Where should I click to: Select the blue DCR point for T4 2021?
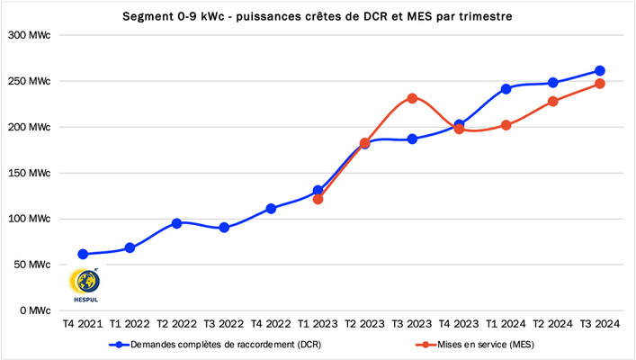coord(83,254)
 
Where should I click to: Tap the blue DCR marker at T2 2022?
coord(176,223)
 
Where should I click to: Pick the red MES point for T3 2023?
coord(412,98)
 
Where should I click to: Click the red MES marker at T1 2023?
coord(318,199)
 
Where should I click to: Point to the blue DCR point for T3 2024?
coord(600,71)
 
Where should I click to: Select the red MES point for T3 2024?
coord(600,84)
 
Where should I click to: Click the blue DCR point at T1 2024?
coord(506,89)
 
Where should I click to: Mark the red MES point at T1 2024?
coord(506,125)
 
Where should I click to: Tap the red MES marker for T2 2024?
coord(553,102)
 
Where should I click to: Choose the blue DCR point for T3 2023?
coord(412,139)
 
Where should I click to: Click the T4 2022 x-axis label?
coord(271,323)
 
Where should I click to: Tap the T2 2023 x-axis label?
coord(365,323)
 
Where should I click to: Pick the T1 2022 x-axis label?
coord(130,323)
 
